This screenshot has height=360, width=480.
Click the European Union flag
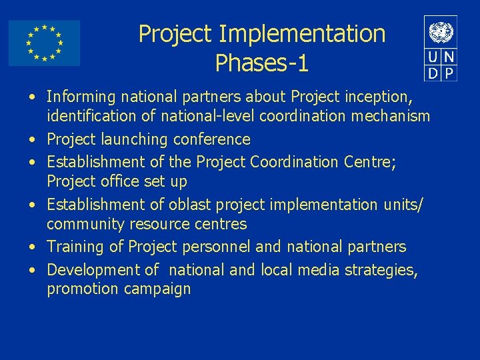tap(44, 43)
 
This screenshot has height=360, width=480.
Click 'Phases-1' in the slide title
tap(262, 63)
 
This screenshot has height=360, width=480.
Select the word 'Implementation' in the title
tap(302, 33)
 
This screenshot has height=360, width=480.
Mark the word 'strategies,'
tap(378, 270)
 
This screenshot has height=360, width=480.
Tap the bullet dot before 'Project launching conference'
tap(32, 140)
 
